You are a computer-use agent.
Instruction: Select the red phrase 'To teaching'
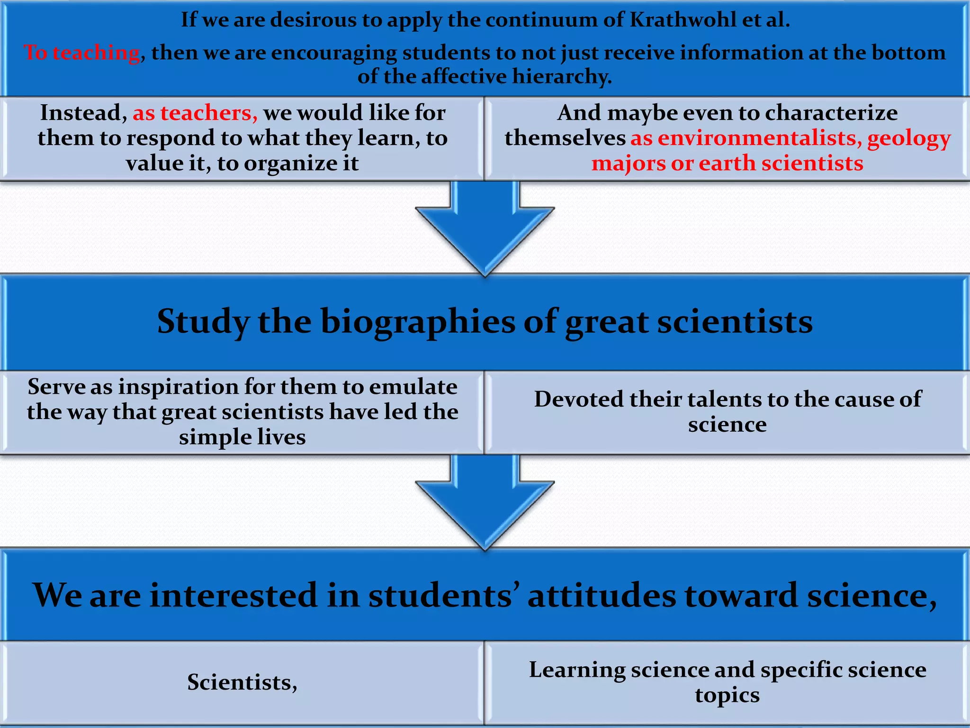pos(82,53)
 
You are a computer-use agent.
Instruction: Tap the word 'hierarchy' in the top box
pos(562,76)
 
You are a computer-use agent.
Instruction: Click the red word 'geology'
pos(909,139)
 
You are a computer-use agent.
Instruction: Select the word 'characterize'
pos(831,113)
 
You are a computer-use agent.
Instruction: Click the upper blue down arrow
pos(485,227)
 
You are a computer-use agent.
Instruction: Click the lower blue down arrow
pos(485,501)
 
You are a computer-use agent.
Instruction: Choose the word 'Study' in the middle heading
pos(203,322)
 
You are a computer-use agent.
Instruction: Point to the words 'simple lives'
pos(242,437)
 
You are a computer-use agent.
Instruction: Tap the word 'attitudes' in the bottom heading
pos(602,595)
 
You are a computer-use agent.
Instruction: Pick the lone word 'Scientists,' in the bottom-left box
pos(242,682)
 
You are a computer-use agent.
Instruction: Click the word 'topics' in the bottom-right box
pos(727,695)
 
